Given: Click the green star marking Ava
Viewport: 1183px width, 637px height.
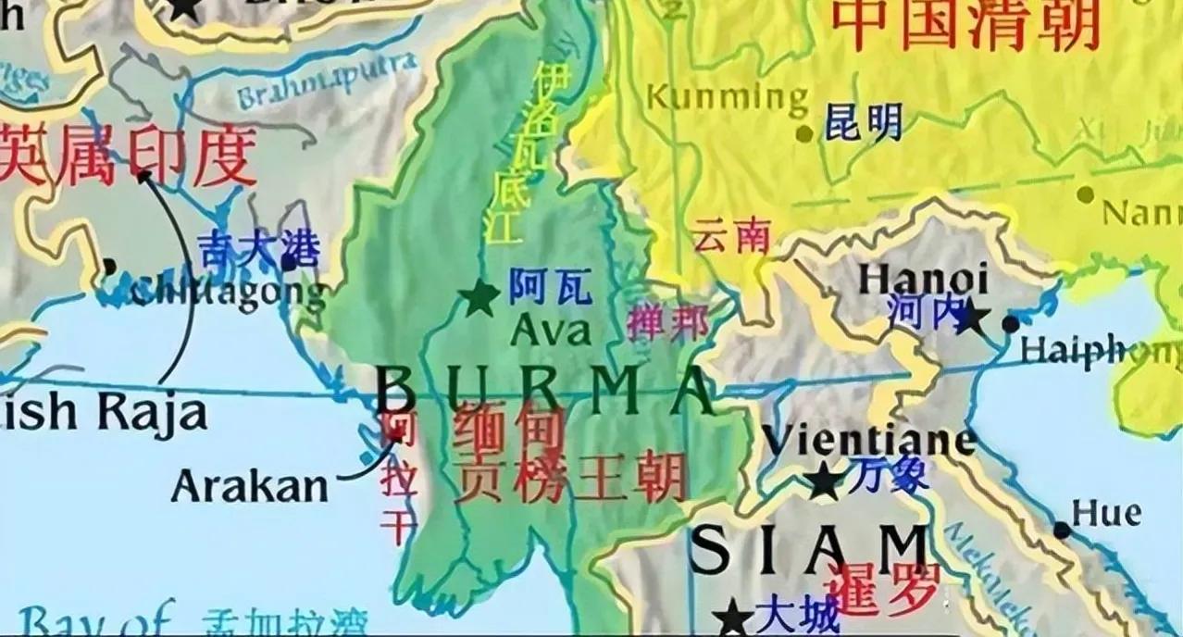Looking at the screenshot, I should click(x=480, y=298).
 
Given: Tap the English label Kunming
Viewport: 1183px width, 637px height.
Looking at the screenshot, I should click(x=727, y=97).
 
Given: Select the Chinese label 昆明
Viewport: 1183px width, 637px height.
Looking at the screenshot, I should click(x=863, y=123).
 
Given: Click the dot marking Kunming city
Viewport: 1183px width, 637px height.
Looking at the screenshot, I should click(x=804, y=133).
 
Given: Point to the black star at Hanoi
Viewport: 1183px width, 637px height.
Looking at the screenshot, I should click(x=970, y=318).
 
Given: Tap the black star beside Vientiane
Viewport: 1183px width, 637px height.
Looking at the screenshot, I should click(x=823, y=481).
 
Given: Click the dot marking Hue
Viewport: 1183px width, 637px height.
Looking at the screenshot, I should click(x=1062, y=531).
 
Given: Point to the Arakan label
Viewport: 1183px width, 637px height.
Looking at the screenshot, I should click(x=250, y=484).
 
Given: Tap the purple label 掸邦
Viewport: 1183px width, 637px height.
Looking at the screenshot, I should click(x=667, y=321).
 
